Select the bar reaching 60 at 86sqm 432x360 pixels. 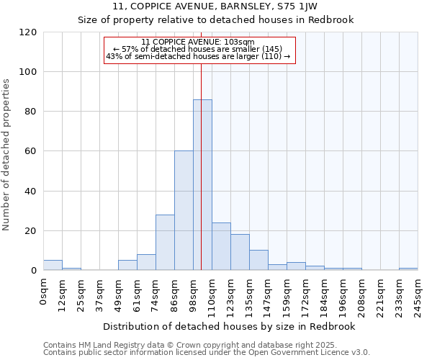(184, 210)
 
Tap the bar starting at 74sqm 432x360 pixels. (165, 243)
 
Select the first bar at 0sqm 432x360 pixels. (53, 265)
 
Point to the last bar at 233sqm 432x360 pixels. (408, 269)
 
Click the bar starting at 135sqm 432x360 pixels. (258, 260)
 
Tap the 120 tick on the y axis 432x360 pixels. (29, 32)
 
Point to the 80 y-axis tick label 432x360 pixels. (32, 112)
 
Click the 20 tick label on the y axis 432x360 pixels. (32, 231)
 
